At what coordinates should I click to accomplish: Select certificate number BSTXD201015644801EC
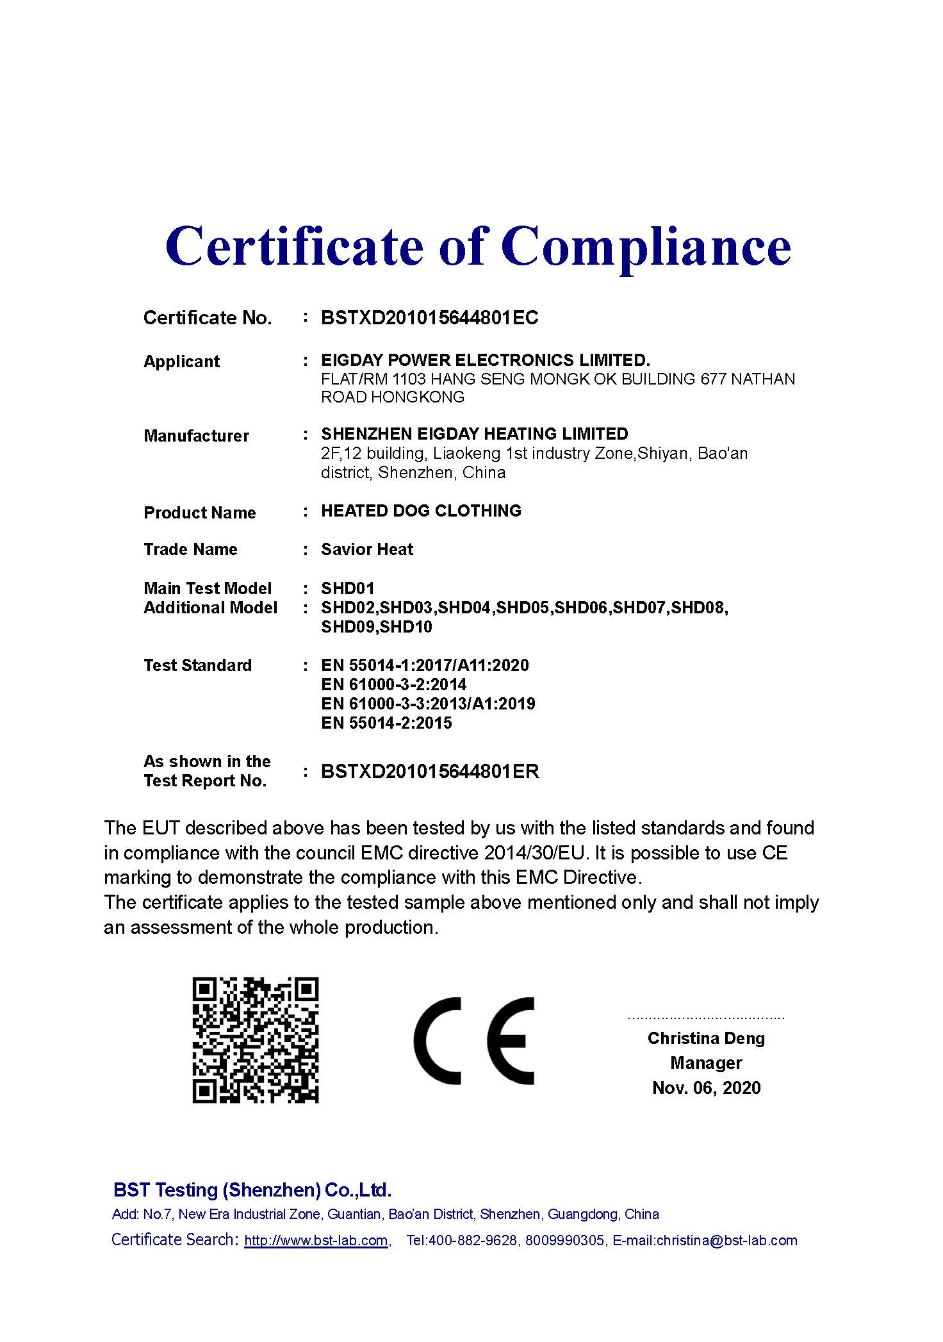[x=429, y=318]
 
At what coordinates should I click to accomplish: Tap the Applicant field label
[x=181, y=361]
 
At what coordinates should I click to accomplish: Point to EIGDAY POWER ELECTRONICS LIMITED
[x=485, y=360]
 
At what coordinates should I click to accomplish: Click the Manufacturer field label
[x=196, y=436]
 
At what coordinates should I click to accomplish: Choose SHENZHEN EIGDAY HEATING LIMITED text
[x=474, y=434]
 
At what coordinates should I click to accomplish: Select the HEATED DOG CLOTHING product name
[x=421, y=511]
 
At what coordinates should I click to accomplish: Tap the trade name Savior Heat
[x=367, y=549]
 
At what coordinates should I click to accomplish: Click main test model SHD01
[x=347, y=588]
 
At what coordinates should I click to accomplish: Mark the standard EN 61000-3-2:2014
[x=393, y=684]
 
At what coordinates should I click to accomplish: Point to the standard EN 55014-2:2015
[x=386, y=723]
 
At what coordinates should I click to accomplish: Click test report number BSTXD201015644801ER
[x=430, y=772]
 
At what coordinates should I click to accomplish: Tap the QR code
[x=256, y=1040]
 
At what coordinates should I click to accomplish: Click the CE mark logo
[x=473, y=1041]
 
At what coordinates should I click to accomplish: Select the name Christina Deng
[x=706, y=1038]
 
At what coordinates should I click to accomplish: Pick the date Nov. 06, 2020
[x=706, y=1088]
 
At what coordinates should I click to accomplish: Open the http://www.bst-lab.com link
[x=316, y=1240]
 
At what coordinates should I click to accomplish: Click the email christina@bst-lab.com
[x=726, y=1240]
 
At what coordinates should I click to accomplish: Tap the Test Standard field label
[x=197, y=665]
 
